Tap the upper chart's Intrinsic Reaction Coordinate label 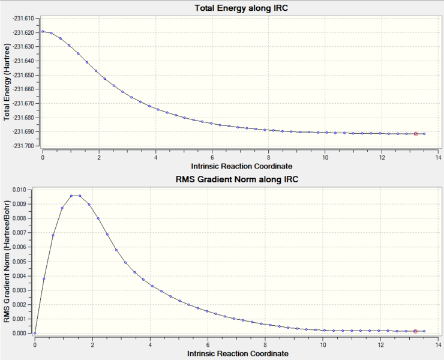(x=241, y=166)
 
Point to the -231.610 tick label (x=22, y=18)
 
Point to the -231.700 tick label (x=22, y=146)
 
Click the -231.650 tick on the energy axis (x=22, y=75)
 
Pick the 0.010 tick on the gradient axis (x=18, y=190)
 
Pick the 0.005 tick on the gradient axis (x=18, y=261)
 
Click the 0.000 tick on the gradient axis (x=18, y=333)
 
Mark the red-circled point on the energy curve (x=415, y=134)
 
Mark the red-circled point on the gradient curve (x=415, y=331)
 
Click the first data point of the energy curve (x=43, y=31)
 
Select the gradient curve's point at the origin (x=35, y=333)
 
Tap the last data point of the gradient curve (x=424, y=331)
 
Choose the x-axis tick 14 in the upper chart (x=438, y=157)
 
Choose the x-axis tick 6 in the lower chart (x=208, y=344)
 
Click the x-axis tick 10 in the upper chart (x=325, y=157)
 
